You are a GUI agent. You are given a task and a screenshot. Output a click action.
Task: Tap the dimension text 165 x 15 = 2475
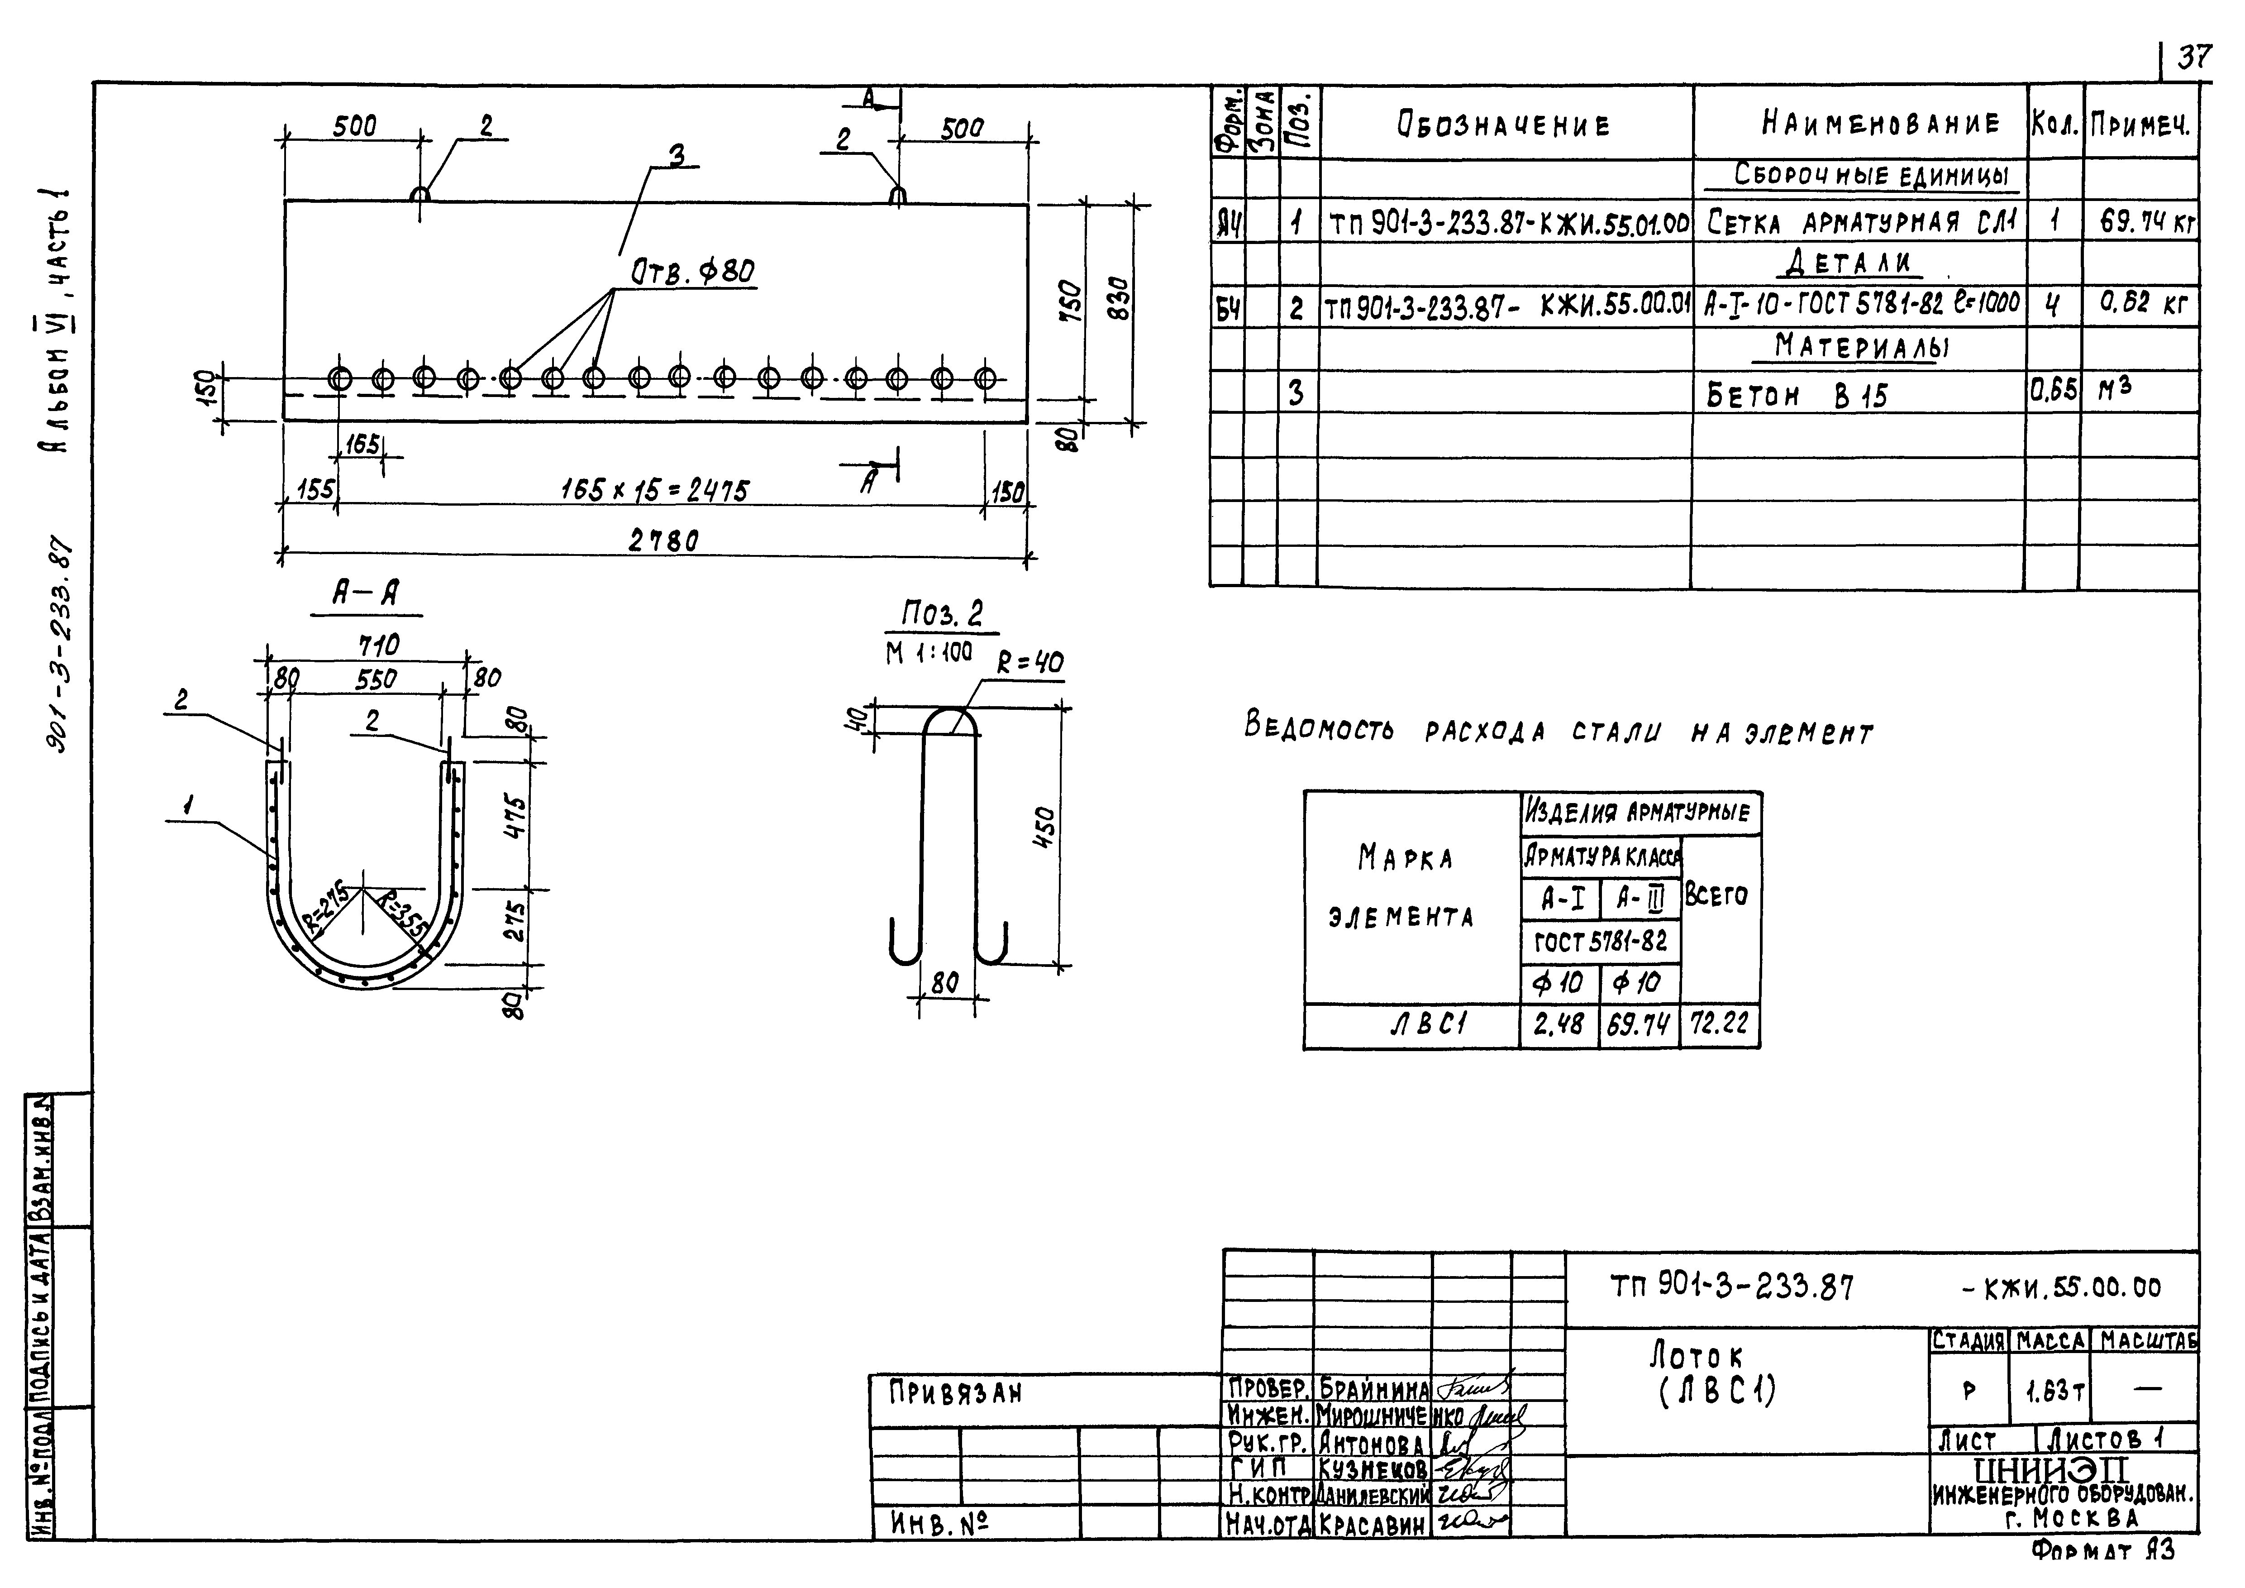[654, 490]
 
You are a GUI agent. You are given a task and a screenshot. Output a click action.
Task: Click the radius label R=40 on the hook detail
[1030, 664]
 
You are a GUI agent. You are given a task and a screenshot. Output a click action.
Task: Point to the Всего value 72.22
[1719, 1024]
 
